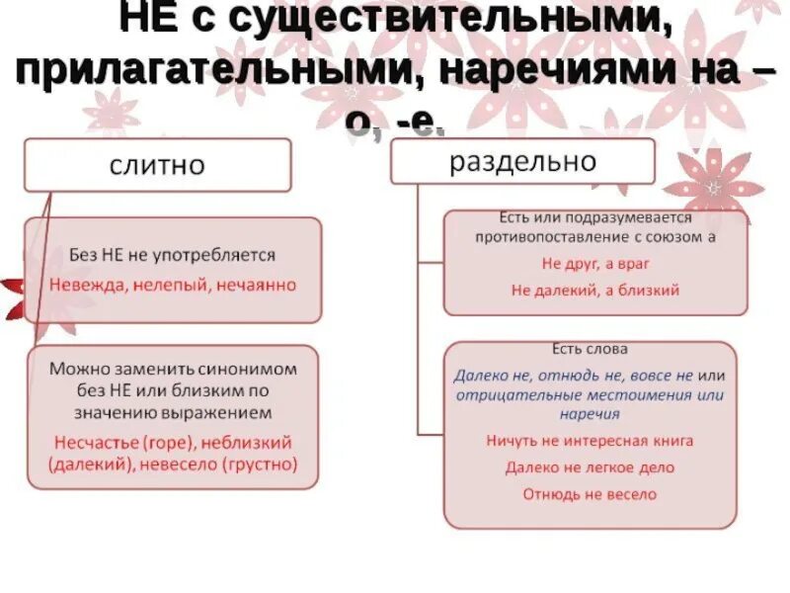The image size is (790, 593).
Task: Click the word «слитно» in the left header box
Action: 157,165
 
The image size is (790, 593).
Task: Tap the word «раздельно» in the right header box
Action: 523,161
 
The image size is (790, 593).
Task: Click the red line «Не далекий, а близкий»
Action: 594,291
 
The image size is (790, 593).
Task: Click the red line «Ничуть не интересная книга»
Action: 590,441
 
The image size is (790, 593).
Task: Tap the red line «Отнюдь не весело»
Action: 590,494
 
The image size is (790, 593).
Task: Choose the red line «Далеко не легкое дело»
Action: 590,467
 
